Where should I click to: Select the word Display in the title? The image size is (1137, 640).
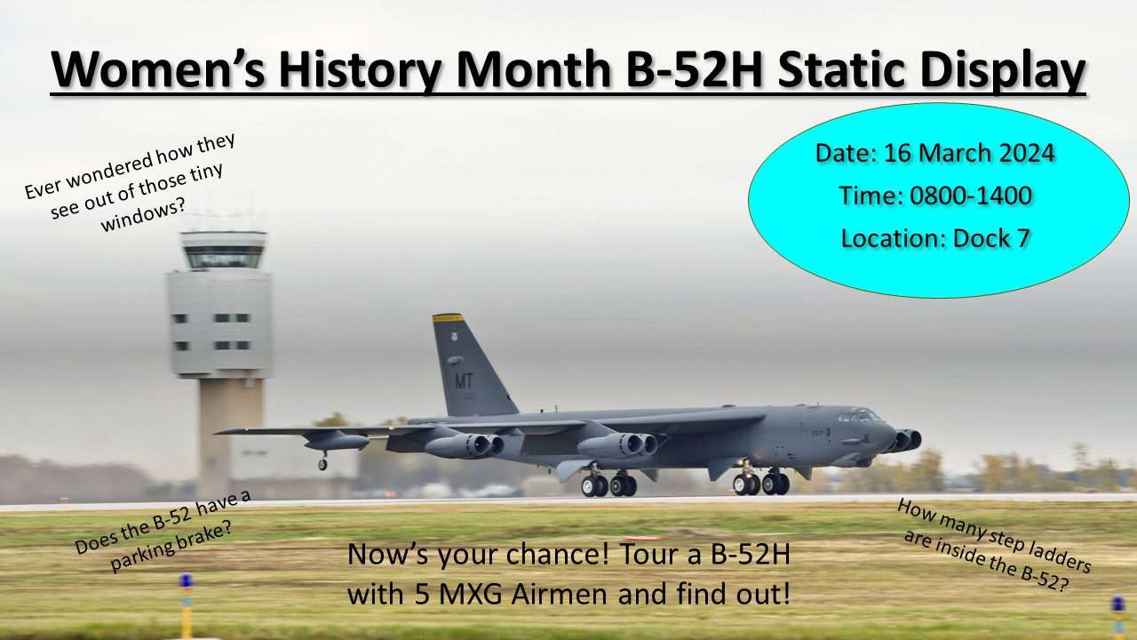1003,71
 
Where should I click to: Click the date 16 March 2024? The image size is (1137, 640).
969,153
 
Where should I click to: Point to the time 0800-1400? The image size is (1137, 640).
971,196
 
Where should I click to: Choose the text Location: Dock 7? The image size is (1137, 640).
935,238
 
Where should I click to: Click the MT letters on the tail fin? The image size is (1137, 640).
464,381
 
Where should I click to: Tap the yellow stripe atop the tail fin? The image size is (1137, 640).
447,318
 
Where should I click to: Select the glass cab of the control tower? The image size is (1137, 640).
224,257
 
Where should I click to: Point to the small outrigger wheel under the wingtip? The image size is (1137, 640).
322,464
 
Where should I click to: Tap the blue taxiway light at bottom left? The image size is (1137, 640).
187,580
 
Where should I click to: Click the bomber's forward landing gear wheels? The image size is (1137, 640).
761,484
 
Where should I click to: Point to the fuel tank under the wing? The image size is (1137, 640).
337,442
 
